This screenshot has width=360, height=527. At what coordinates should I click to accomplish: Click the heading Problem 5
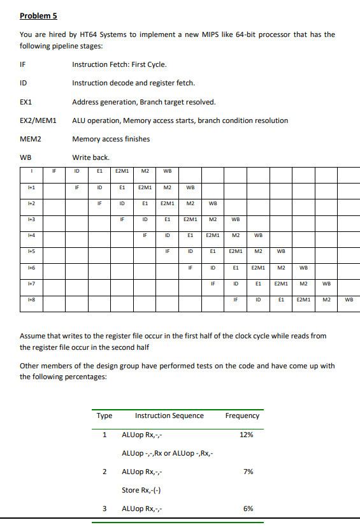(x=38, y=15)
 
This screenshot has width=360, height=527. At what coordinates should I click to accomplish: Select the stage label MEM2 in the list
(x=31, y=139)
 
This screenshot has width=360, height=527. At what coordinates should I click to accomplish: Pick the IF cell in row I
(x=54, y=171)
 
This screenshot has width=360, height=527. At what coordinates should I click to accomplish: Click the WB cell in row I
(x=167, y=171)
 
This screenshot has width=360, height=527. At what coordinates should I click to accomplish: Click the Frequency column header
(x=242, y=415)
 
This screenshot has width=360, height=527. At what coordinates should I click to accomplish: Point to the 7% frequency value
(x=248, y=472)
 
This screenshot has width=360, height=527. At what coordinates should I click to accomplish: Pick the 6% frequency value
(x=248, y=509)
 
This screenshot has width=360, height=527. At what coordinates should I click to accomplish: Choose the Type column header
(x=104, y=415)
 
